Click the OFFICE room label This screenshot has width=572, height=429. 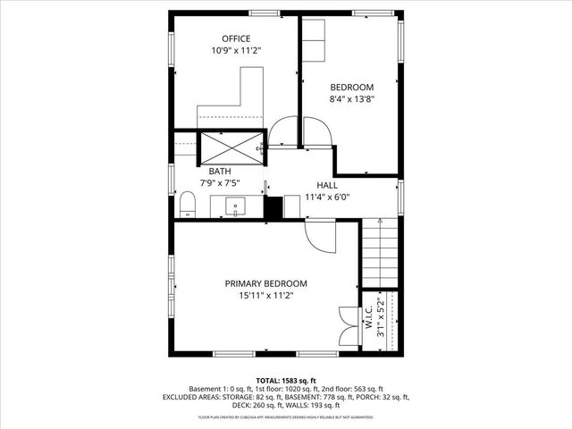click(236, 38)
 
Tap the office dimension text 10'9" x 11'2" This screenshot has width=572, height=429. click(236, 51)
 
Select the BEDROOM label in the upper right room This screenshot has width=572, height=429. click(351, 87)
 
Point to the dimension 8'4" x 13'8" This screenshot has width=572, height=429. click(351, 99)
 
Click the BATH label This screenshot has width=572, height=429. click(220, 171)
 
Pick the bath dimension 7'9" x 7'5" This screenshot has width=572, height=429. click(220, 183)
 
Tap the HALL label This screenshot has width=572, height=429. click(326, 184)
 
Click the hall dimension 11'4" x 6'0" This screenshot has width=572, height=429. click(326, 197)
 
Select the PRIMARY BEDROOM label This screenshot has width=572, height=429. click(265, 282)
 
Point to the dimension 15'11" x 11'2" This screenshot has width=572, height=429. click(265, 295)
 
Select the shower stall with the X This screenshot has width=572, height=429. click(231, 146)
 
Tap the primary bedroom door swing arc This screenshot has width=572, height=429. click(320, 237)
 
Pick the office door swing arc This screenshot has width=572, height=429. click(283, 133)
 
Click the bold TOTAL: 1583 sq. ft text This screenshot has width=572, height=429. click(285, 380)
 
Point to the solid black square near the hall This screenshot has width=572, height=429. click(273, 207)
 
